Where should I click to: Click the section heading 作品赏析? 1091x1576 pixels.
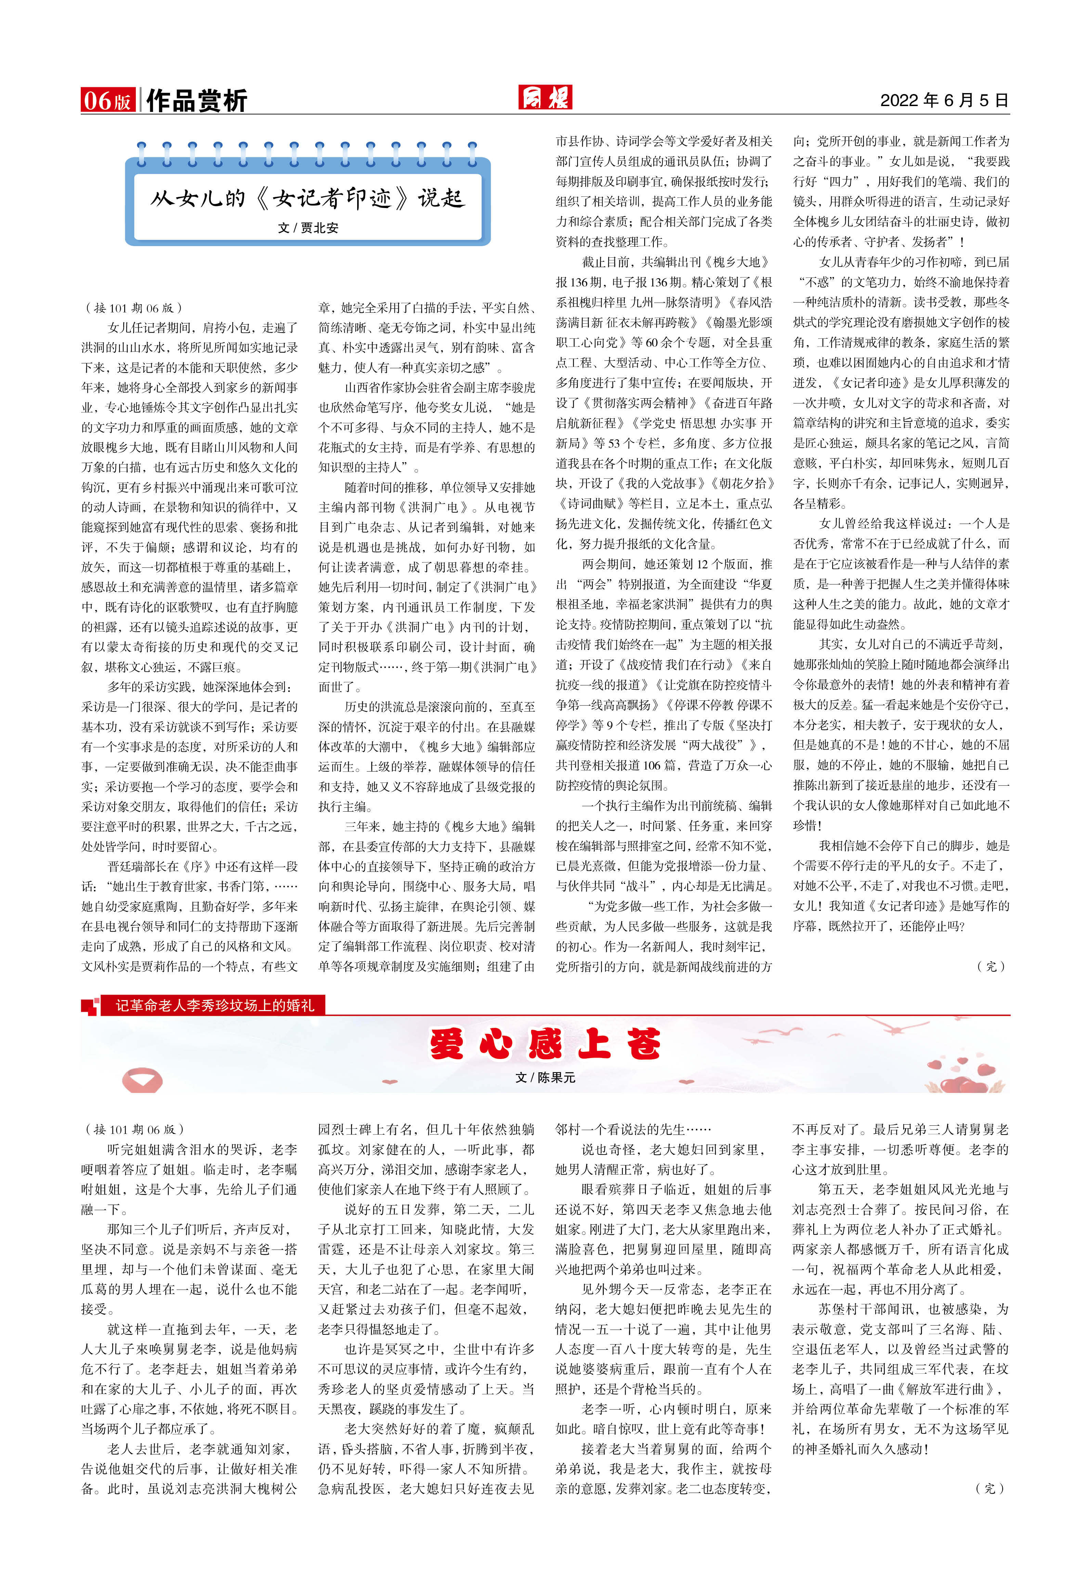[196, 101]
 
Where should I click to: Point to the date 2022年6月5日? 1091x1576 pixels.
[944, 101]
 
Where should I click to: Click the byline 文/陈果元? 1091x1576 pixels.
[545, 1077]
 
